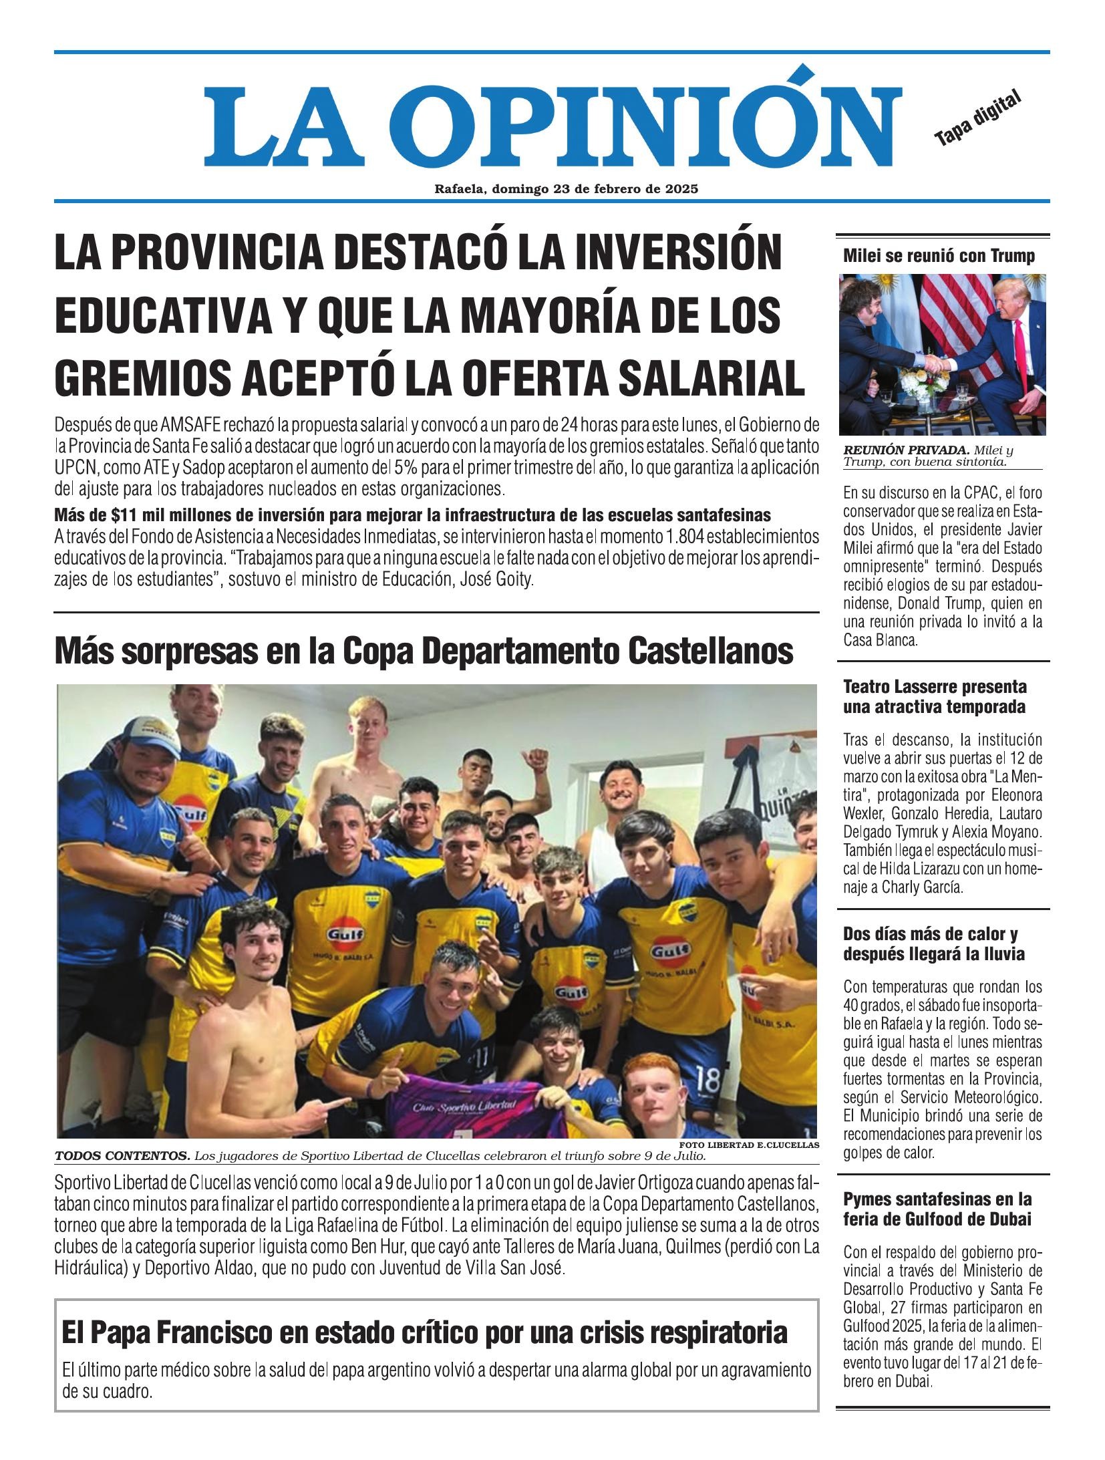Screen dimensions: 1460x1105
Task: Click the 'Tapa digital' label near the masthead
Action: point(979,118)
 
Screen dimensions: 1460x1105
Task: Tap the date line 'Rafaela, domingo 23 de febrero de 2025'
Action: point(566,189)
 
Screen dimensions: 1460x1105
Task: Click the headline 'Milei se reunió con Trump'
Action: point(939,257)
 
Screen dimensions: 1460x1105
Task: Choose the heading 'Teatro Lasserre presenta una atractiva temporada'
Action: point(935,696)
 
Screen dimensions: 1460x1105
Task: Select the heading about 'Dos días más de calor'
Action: point(933,943)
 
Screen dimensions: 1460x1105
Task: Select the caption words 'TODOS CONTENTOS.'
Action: point(122,1155)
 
